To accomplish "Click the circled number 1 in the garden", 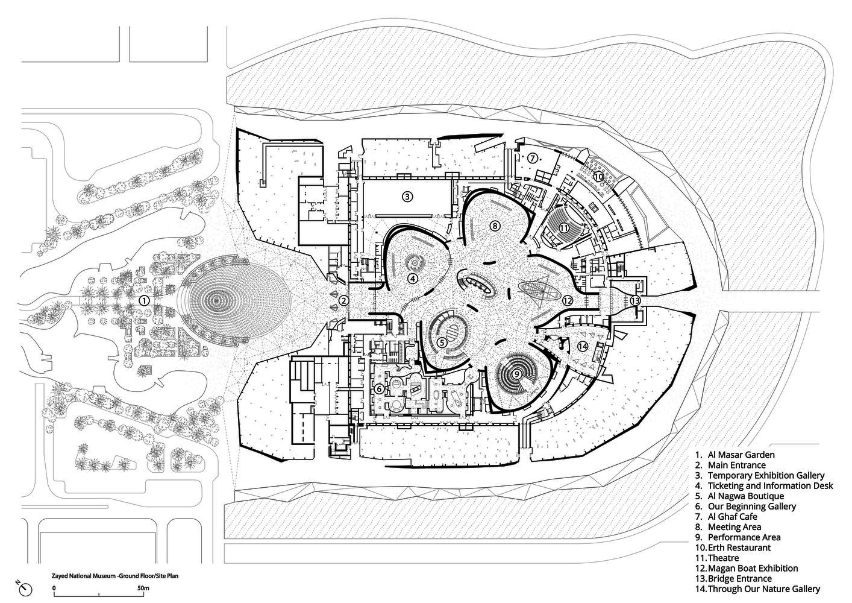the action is (x=144, y=301).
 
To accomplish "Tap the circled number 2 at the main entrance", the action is (x=343, y=301).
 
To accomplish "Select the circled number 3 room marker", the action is (x=407, y=197).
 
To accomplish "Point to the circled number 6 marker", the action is (x=379, y=389).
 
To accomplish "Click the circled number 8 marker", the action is (x=495, y=226).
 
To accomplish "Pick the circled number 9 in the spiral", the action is (x=517, y=374).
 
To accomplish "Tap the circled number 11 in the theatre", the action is (x=564, y=228).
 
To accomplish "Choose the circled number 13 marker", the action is (x=635, y=300).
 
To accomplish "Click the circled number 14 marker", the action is (x=583, y=346).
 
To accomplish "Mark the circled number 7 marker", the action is (x=532, y=157).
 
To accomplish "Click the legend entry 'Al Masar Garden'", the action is (x=735, y=455).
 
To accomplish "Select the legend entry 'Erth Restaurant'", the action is (x=733, y=548).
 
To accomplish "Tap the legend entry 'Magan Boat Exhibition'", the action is (x=747, y=569).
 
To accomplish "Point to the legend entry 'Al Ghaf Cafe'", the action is (x=725, y=517).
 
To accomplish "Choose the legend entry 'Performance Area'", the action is (x=738, y=537).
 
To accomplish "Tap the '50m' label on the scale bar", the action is (x=143, y=588).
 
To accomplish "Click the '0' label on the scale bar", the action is (x=54, y=588).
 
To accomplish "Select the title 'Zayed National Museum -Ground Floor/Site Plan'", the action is (x=115, y=576).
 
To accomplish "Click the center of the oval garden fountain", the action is (x=216, y=301).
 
